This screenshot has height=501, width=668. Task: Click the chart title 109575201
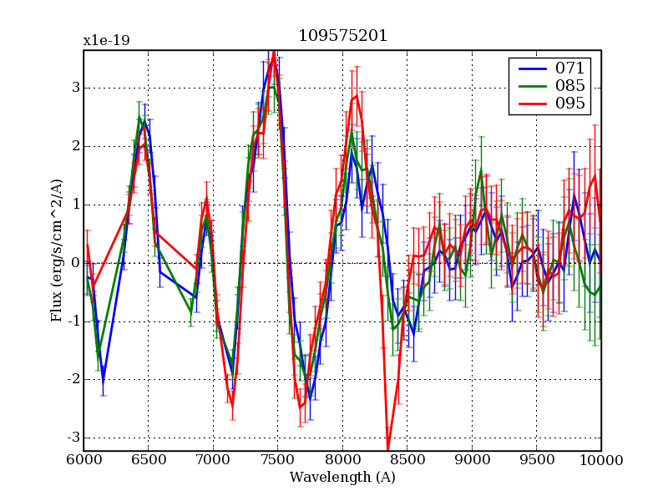pyautogui.click(x=342, y=37)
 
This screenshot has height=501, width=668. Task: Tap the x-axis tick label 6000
pyautogui.click(x=83, y=460)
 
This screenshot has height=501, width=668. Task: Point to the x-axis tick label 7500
pyautogui.click(x=277, y=460)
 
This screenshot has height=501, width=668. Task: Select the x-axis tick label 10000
pyautogui.click(x=600, y=460)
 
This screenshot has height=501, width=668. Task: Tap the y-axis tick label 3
pyautogui.click(x=75, y=88)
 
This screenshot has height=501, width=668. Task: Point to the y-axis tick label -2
pyautogui.click(x=72, y=379)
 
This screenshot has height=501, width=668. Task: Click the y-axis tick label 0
pyautogui.click(x=75, y=263)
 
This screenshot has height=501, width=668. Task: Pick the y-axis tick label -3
pyautogui.click(x=72, y=438)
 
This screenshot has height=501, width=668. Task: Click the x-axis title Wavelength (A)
pyautogui.click(x=342, y=478)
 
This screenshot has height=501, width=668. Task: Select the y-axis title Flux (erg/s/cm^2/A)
pyautogui.click(x=57, y=250)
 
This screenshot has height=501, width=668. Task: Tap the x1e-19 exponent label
pyautogui.click(x=106, y=40)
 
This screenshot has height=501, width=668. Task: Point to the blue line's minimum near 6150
pyautogui.click(x=104, y=382)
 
